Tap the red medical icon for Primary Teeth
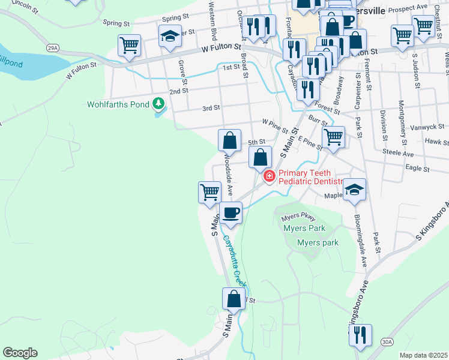pos(269,176)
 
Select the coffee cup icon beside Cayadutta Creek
pos(231,212)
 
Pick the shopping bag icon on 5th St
pos(229,141)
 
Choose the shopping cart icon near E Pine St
pos(333,137)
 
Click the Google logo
pos(20,353)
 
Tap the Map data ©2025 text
pos(423,355)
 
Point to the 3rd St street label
pos(211,108)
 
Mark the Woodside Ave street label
pos(229,175)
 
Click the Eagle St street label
pos(417,169)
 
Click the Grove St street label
pos(182,70)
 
